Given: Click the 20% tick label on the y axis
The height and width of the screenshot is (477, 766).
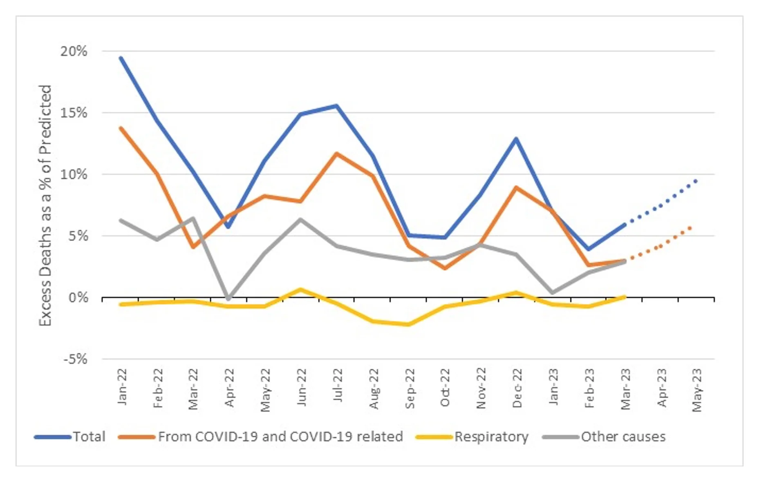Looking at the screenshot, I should (74, 51).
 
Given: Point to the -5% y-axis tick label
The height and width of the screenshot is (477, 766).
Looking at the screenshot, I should (75, 359).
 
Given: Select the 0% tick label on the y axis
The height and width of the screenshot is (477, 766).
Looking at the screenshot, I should (78, 298).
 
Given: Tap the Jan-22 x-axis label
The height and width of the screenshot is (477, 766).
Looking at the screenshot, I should (122, 387).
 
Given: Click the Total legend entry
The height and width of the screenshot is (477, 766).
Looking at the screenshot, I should (89, 437).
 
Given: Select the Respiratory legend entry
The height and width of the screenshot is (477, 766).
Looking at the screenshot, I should (491, 437).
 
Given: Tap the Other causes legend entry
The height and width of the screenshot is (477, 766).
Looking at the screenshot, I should (623, 437).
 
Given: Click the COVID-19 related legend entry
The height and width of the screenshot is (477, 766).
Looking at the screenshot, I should (280, 437).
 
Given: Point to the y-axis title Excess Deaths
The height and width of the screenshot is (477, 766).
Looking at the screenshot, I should (45, 205).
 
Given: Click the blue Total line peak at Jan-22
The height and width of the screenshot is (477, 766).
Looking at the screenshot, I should (121, 58).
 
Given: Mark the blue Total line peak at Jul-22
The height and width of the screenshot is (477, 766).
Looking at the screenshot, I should (336, 106).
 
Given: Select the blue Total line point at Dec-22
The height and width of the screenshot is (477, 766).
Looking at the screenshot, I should (516, 139).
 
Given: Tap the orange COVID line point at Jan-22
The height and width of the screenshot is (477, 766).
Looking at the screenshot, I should (121, 128).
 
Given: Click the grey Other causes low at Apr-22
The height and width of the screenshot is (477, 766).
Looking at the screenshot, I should (228, 299).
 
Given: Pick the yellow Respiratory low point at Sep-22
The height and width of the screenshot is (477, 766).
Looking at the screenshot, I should (408, 324).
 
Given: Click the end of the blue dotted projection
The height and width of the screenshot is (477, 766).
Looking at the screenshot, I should (696, 180).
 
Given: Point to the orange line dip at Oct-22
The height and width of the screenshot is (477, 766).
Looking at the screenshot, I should (445, 268).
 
